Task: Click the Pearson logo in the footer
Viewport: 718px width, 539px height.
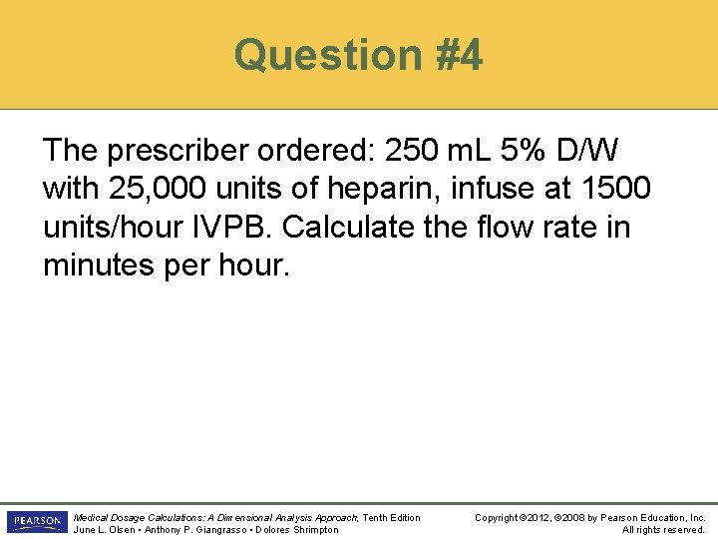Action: click(x=35, y=522)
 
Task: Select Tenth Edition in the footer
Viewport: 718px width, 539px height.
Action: click(x=391, y=517)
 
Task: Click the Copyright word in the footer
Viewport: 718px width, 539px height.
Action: click(x=500, y=517)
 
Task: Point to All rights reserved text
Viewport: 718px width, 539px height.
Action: click(x=663, y=529)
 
